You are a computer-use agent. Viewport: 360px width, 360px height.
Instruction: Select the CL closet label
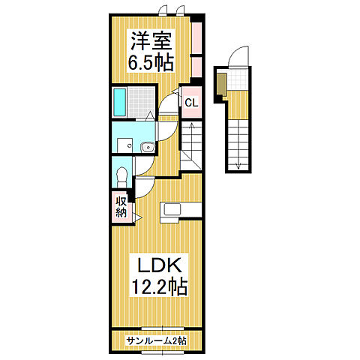tap(190, 103)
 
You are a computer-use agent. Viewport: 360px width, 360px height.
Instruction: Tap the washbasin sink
tap(147, 146)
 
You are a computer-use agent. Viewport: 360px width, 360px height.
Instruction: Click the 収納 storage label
tap(121, 206)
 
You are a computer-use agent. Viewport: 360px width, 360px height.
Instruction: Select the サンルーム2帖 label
tap(156, 340)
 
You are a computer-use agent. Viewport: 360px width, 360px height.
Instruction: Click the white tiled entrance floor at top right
tap(237, 79)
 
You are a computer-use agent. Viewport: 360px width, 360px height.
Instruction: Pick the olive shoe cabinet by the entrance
tap(220, 82)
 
